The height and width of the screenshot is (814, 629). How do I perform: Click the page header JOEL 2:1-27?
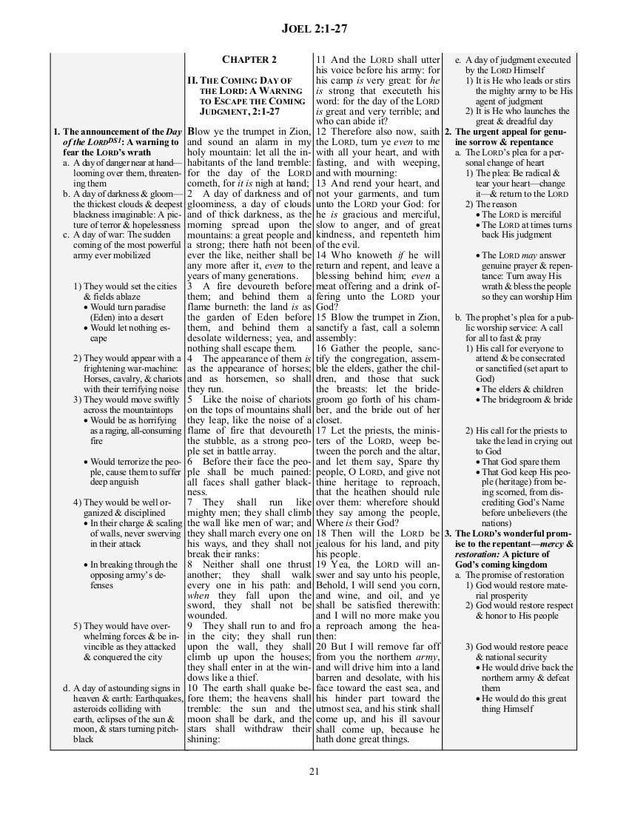coord(314,29)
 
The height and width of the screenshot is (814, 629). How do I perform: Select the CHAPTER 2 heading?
coord(249,59)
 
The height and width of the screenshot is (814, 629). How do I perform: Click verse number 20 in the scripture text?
coord(322,646)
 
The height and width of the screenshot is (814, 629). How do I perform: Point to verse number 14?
coord(322,255)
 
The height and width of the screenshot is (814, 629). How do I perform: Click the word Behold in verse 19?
coord(332,584)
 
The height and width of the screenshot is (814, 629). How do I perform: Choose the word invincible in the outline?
coord(107,646)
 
